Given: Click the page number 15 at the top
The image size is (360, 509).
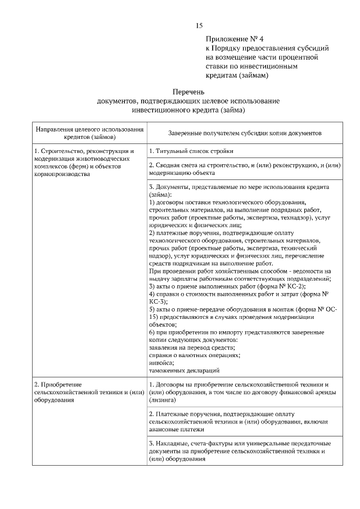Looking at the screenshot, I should (199, 26).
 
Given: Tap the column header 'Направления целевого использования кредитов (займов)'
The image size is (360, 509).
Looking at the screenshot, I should (89, 133).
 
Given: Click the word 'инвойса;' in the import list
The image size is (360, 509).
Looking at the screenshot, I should (161, 363).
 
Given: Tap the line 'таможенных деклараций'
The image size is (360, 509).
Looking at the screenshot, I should (184, 371).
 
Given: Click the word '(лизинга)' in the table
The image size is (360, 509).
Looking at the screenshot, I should (163, 401).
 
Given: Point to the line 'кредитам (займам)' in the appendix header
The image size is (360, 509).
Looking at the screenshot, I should (237, 75).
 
